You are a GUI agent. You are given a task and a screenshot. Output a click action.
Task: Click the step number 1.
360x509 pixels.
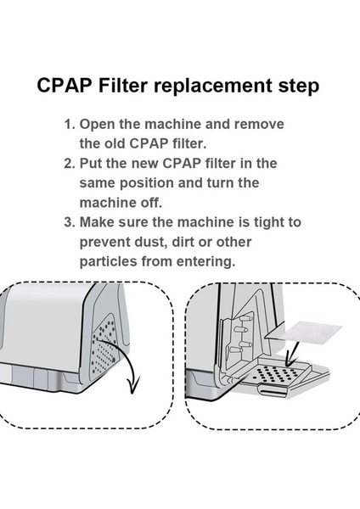tap(69, 125)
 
